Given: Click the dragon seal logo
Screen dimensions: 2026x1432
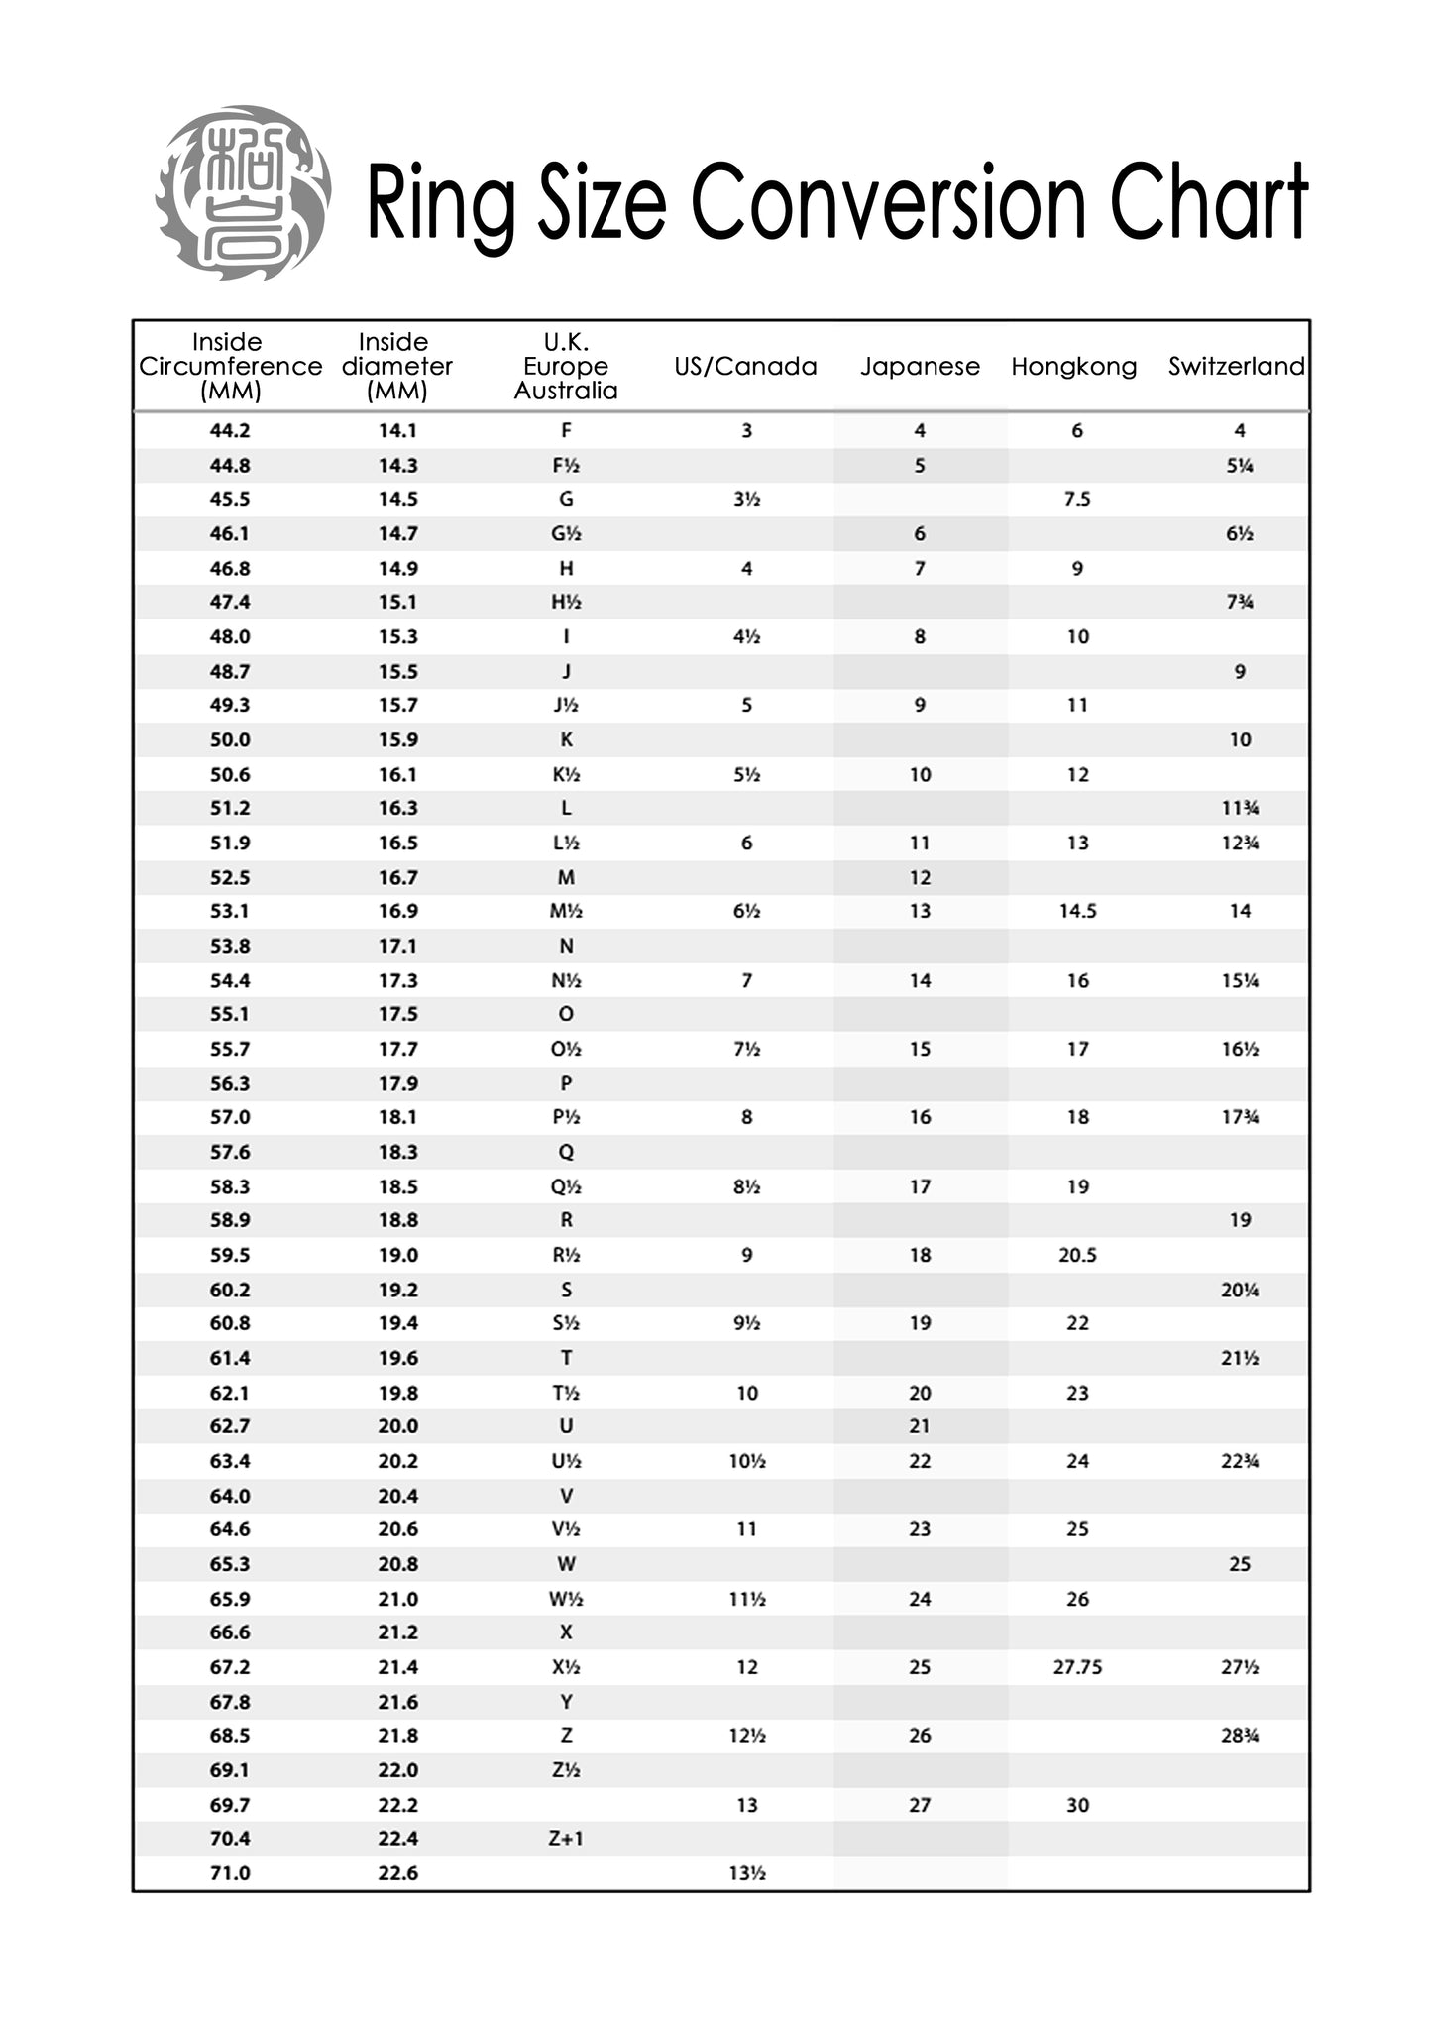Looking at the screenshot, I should [243, 192].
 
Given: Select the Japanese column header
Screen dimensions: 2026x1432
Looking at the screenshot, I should [920, 367].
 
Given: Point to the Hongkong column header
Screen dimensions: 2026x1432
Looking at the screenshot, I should [1074, 367].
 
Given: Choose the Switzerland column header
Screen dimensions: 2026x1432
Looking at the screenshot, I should [1236, 367].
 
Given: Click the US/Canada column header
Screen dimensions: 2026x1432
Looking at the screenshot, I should [745, 367].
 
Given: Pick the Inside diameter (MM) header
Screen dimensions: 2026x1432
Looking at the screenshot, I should [396, 367].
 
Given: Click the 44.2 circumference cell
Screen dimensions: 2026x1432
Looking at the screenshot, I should [230, 431].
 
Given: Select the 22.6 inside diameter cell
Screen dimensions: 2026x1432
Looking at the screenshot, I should [397, 1873].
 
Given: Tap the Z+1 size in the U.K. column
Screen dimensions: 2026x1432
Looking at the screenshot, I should [566, 1839].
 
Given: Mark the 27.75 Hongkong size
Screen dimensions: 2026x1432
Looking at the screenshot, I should [1077, 1667].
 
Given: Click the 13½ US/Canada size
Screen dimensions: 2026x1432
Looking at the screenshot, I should [746, 1873].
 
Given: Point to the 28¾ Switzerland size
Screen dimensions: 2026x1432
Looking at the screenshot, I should [1240, 1736].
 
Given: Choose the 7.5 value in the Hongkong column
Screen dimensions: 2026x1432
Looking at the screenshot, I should [1077, 499].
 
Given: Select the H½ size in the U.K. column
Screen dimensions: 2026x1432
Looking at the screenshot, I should [566, 602].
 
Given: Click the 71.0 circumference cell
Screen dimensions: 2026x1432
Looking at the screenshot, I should [230, 1873].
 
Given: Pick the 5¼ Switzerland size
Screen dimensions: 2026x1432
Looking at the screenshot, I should [1240, 465].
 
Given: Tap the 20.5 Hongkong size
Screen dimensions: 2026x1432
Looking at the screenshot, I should [1077, 1255].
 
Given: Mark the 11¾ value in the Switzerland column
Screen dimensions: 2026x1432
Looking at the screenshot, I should [1240, 808].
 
